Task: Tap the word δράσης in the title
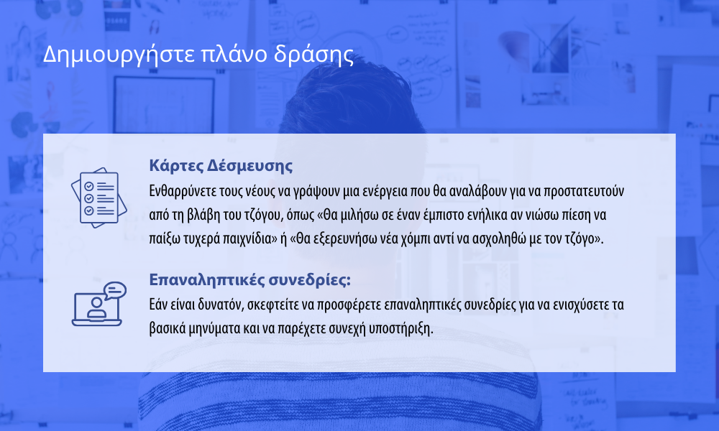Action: click(x=313, y=55)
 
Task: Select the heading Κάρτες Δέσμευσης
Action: click(x=221, y=165)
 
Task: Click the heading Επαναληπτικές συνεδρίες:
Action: click(x=250, y=279)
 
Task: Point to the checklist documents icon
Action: click(x=99, y=198)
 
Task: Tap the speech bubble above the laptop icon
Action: click(x=114, y=290)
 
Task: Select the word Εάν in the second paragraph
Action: click(x=159, y=305)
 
